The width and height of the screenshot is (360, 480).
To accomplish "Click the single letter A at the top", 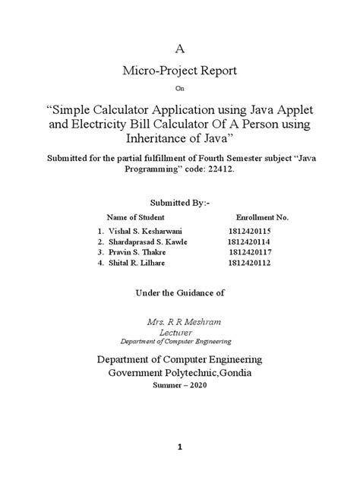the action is tap(180, 49).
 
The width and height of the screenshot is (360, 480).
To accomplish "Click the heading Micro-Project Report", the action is tap(180, 71).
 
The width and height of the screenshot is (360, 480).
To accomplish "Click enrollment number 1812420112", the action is tap(250, 263).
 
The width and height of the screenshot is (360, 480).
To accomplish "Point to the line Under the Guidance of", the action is tap(180, 292).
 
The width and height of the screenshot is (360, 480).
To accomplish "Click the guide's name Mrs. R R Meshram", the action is tap(180, 321).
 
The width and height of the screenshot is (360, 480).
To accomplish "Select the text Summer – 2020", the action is tap(180, 385).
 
